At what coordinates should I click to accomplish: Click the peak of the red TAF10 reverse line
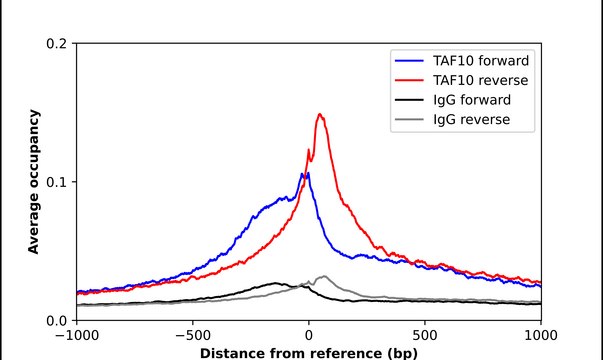320,114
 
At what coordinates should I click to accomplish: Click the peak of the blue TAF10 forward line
306,173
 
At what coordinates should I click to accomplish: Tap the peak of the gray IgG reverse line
323,276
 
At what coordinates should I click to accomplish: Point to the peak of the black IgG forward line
275,283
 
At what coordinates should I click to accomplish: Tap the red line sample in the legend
411,78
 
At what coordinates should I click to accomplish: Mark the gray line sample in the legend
411,119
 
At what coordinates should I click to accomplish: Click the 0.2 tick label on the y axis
58,44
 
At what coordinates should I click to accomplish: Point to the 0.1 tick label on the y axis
58,182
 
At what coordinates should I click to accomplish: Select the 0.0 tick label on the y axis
58,320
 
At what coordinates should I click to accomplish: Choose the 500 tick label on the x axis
425,336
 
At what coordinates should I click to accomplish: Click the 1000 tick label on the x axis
541,336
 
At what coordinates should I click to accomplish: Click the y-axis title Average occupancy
34,182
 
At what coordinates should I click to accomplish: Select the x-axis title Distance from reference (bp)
309,353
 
